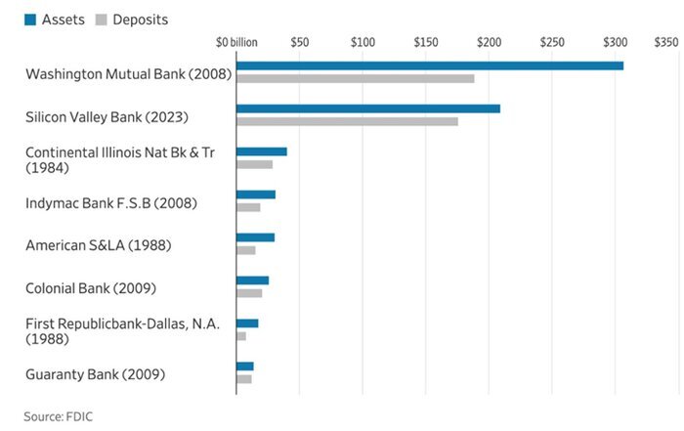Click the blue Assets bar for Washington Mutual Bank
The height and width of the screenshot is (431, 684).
click(430, 65)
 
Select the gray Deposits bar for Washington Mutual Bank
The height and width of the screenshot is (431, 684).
click(356, 78)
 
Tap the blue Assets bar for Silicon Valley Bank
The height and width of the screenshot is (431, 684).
click(368, 108)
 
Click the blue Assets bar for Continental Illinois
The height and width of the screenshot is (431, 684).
click(261, 151)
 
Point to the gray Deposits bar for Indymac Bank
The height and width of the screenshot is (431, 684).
click(248, 207)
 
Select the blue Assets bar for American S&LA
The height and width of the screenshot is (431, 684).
click(255, 237)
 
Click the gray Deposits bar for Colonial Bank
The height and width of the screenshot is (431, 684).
click(249, 293)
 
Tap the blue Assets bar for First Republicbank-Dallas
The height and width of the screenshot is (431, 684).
click(247, 323)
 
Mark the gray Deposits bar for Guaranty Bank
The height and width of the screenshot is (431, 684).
click(243, 378)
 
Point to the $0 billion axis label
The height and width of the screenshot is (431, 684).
click(236, 43)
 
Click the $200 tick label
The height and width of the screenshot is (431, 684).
click(489, 43)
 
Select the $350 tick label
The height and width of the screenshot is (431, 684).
click(665, 43)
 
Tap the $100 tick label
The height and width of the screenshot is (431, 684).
click(363, 43)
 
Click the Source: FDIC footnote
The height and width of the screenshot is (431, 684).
click(59, 416)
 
